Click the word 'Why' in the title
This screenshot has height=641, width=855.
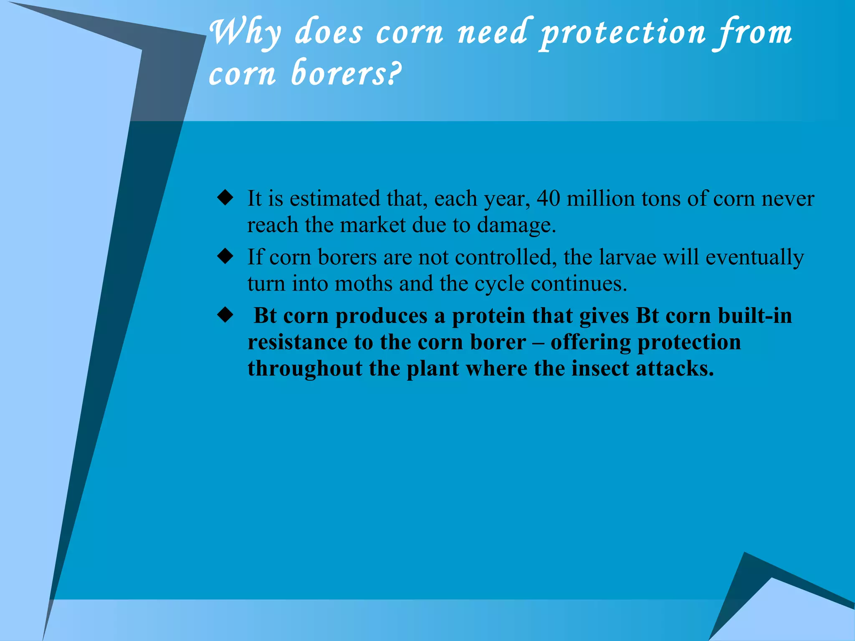coord(245,33)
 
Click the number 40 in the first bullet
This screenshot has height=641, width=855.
coord(548,199)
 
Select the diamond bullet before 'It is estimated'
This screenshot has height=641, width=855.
coord(225,198)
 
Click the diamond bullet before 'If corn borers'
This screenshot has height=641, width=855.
coord(225,257)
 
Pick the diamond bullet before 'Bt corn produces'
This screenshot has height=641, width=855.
coord(225,315)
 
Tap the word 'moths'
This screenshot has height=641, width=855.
coord(363,284)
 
